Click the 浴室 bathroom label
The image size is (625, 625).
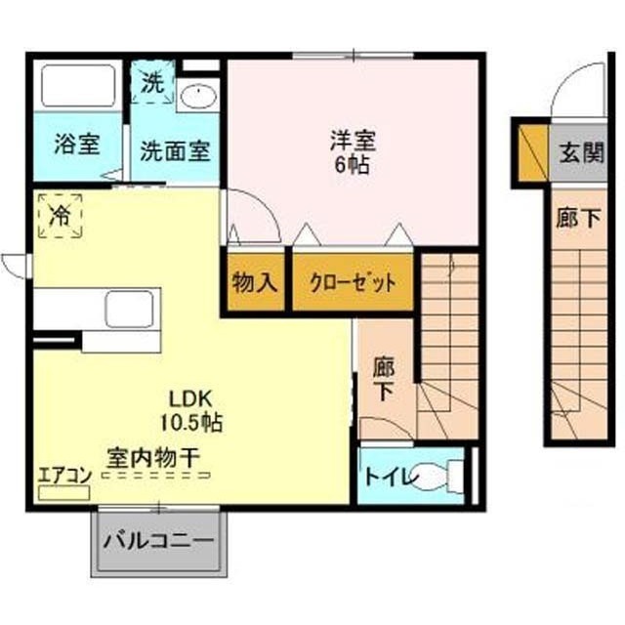pos(77,144)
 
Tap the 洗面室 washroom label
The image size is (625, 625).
pos(175,151)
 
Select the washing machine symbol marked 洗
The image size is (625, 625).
pos(153,82)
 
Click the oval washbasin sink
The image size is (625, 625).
pos(198,96)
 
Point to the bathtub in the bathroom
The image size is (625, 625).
pos(78,86)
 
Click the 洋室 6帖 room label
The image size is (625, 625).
pos(353,152)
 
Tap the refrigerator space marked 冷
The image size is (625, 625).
pos(60,216)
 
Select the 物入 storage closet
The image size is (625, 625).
pos(255,282)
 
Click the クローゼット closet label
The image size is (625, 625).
pos(354,283)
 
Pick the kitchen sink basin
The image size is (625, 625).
pos(129,309)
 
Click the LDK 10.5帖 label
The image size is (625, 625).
pos(191,410)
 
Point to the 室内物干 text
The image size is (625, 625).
pos(152,458)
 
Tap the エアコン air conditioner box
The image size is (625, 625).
pos(63,493)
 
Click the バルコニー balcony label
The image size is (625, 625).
pos(158,541)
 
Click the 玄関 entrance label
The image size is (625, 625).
pos(582,152)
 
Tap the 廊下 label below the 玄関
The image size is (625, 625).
pos(578,218)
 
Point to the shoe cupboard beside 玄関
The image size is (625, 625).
pos(534,152)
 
